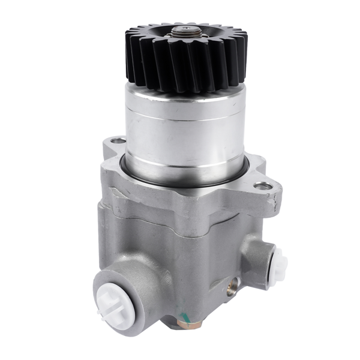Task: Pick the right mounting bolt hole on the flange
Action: click(261, 187)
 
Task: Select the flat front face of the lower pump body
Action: click(180, 258)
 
